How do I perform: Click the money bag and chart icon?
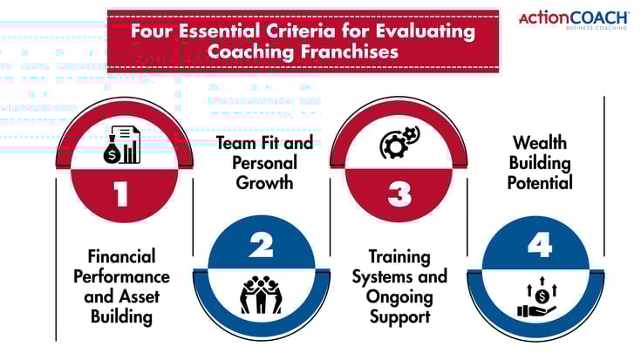point(122,144)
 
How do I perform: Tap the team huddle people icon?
point(261,295)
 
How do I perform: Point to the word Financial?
point(122,256)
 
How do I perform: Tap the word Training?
point(399,257)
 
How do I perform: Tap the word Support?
point(399,316)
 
